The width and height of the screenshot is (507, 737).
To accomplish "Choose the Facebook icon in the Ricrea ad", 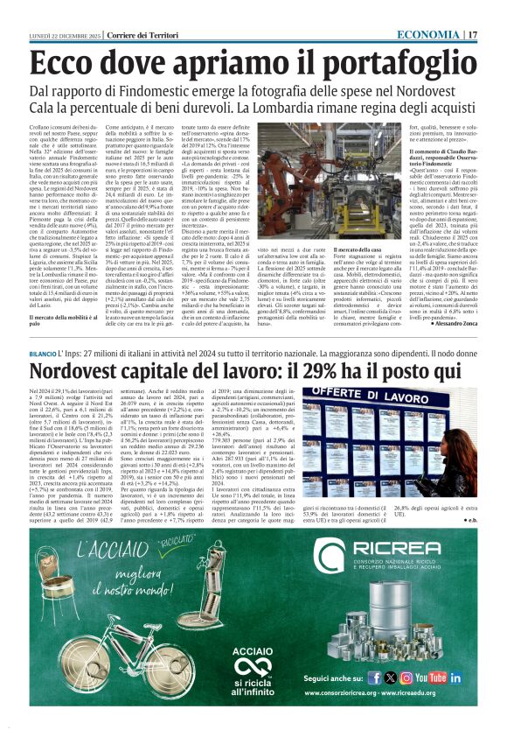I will (374, 677).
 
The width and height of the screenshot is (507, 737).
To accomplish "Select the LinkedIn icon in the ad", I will (456, 677).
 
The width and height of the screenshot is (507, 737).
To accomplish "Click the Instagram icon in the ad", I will (406, 677).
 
